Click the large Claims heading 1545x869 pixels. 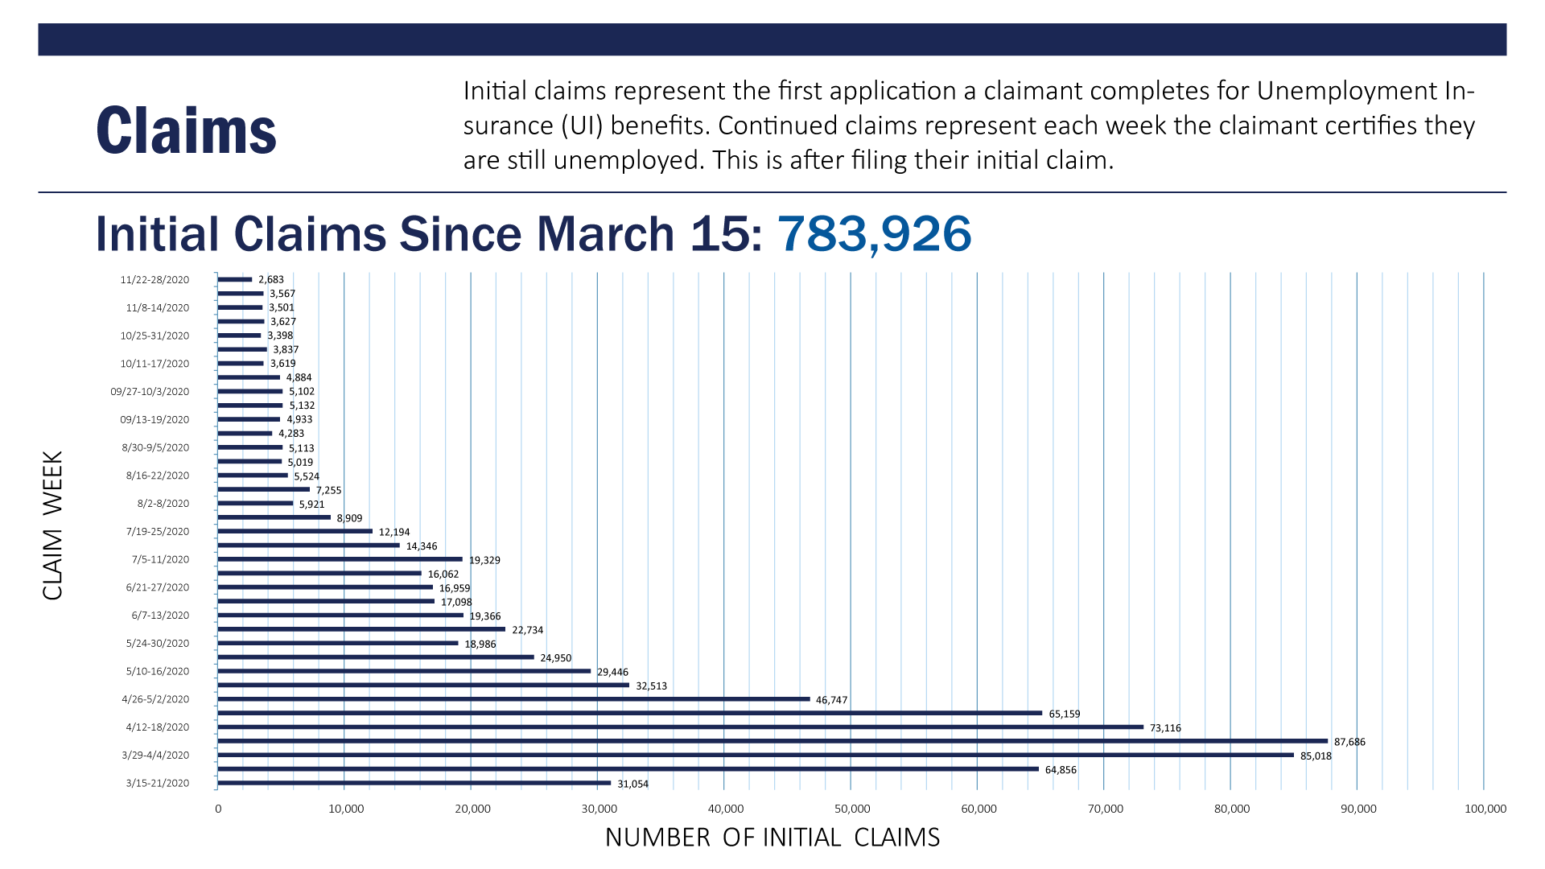click(186, 130)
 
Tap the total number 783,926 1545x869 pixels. click(874, 234)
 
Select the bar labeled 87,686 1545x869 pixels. click(772, 741)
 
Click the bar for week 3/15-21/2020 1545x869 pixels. click(414, 783)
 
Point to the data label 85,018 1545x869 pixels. click(1316, 756)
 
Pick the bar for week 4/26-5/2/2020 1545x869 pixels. click(513, 699)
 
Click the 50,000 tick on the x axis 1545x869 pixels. click(852, 809)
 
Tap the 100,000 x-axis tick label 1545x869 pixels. click(1485, 809)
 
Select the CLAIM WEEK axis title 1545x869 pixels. click(53, 525)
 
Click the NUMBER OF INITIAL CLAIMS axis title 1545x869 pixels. click(772, 838)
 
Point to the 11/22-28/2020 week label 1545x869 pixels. click(154, 280)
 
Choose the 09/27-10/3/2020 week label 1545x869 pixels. click(150, 392)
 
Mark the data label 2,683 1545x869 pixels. click(271, 280)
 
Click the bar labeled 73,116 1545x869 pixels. click(680, 727)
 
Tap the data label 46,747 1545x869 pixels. click(831, 700)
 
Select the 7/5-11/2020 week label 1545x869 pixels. click(160, 559)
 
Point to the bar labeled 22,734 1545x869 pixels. click(361, 629)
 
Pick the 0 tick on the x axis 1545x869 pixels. click(218, 809)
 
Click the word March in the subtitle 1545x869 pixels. click(606, 234)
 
